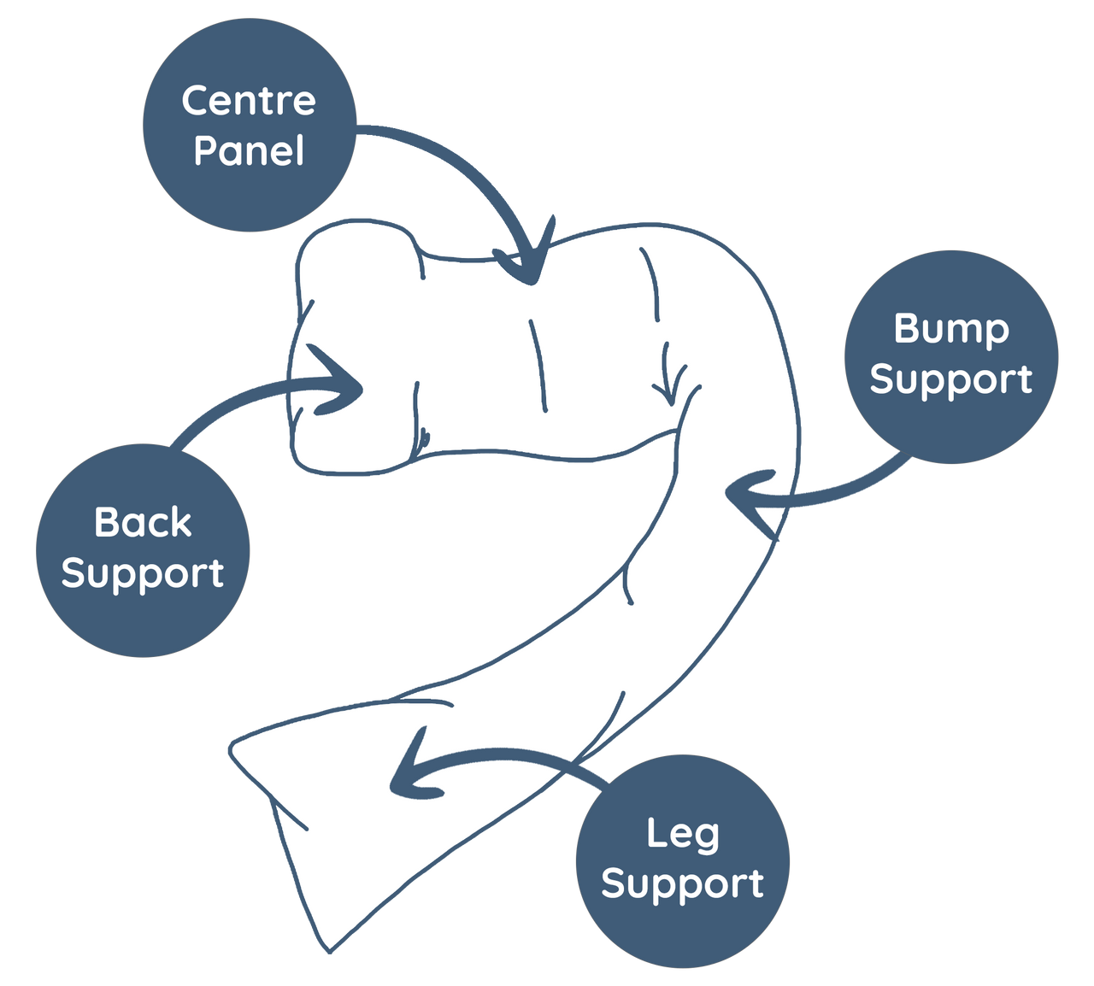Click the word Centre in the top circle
[x=249, y=101]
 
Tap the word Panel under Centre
[x=249, y=151]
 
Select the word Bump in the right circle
[x=951, y=330]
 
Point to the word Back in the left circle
[x=143, y=522]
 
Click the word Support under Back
[x=143, y=573]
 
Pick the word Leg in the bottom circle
[x=682, y=834]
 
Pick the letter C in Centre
[x=196, y=101]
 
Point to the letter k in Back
[x=181, y=522]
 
